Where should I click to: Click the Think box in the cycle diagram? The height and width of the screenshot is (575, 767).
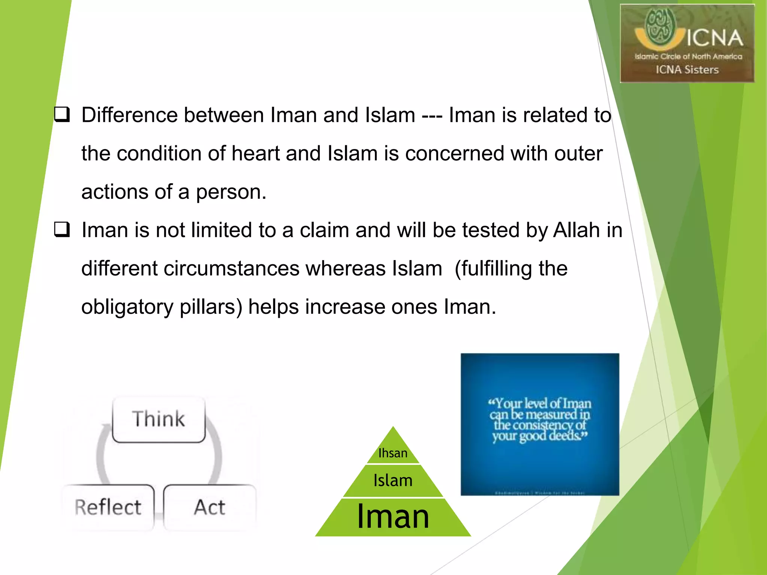158,419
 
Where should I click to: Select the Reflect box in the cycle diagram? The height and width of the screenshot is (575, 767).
108,507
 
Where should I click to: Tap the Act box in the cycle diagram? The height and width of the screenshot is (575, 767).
210,507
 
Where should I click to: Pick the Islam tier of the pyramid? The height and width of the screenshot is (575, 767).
393,480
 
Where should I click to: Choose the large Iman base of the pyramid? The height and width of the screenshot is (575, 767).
393,517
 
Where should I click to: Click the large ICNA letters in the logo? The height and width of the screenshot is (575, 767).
715,38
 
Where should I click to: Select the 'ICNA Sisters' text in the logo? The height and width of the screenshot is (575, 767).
687,70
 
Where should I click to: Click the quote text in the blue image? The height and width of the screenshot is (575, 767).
540,420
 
